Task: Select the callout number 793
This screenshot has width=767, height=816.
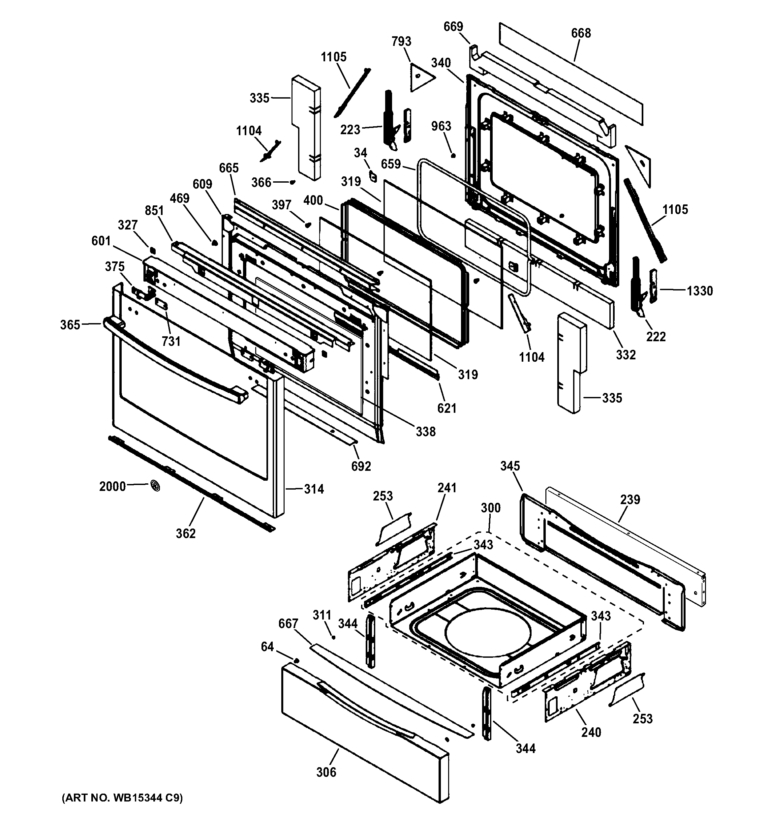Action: click(401, 42)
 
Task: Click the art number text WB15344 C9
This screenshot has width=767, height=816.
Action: click(122, 798)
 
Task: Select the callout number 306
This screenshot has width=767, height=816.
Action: click(326, 772)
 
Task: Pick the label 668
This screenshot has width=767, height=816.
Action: click(581, 33)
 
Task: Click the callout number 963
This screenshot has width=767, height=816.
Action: click(441, 126)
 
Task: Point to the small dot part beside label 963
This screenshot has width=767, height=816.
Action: click(453, 155)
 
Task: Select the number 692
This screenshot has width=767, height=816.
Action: click(361, 466)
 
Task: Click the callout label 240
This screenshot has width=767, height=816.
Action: click(591, 732)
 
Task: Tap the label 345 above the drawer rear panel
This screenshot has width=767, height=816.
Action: click(510, 466)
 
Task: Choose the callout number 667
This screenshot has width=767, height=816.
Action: click(288, 623)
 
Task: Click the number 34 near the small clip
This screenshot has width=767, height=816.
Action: click(360, 153)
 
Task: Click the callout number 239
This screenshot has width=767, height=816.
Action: click(630, 499)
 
